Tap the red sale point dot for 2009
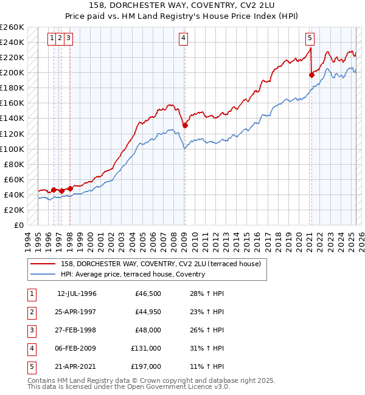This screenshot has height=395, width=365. (185, 125)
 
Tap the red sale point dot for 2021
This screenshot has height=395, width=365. (311, 75)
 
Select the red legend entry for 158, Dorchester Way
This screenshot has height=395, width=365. (161, 264)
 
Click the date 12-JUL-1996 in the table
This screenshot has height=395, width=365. (77, 294)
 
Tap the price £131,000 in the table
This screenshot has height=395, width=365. (146, 348)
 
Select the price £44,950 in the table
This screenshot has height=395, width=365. (146, 312)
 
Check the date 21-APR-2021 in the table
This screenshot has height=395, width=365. (77, 366)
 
